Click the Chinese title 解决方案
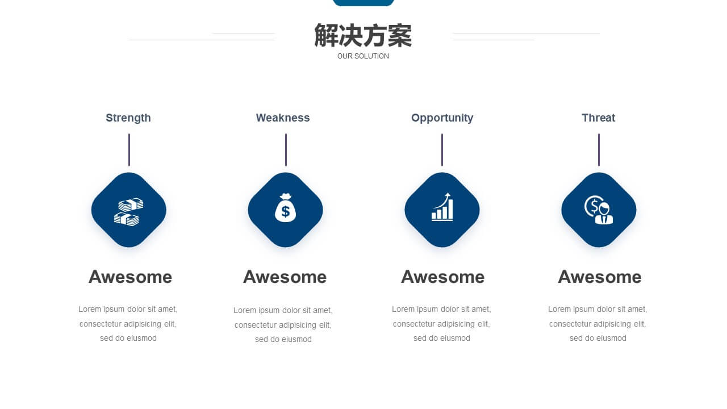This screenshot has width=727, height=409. tap(363, 35)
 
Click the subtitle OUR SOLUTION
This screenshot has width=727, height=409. tap(363, 56)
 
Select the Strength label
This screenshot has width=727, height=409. tap(128, 118)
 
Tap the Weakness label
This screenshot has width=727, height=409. tap(283, 118)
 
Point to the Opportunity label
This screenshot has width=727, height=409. tap(442, 118)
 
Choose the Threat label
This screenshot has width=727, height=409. tap(598, 118)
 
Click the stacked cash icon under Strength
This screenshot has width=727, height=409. tap(128, 212)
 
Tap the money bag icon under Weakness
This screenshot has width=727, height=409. tap(285, 208)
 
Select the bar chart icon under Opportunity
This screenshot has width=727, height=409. tap(442, 207)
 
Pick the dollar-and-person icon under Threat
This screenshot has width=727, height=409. tap(599, 210)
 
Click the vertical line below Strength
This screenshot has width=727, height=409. tap(129, 149)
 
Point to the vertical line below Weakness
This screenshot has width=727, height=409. tap(286, 149)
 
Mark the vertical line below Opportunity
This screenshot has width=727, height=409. tap(442, 149)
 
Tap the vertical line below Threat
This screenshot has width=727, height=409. tap(599, 149)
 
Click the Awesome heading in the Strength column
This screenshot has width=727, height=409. tap(130, 277)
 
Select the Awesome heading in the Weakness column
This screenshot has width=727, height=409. tap(285, 277)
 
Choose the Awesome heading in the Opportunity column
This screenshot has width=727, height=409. tap(442, 277)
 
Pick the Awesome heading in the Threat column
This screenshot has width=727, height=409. tap(599, 277)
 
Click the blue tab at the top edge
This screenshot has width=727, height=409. tap(363, 3)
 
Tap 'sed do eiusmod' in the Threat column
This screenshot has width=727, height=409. tap(598, 338)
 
